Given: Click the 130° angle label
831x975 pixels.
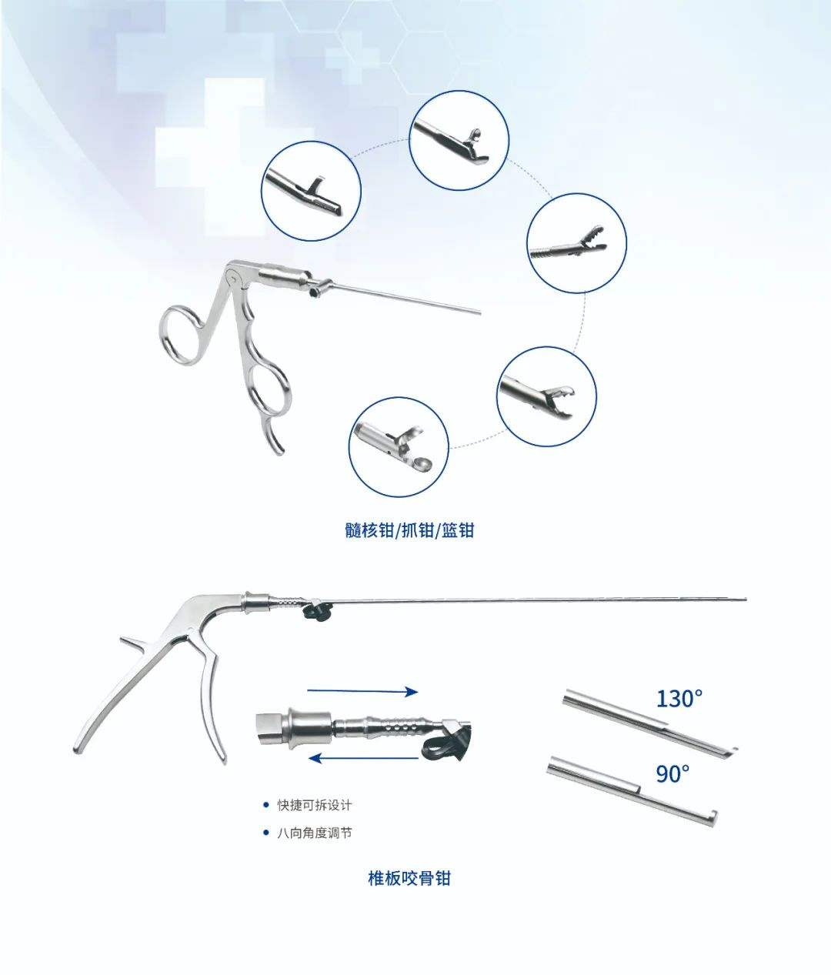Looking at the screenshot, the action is point(679,699).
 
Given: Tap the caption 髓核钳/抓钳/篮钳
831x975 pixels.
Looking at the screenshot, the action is point(409,531).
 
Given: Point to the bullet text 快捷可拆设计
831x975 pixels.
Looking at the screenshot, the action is point(314,805).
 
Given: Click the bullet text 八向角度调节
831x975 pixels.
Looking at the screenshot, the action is point(315,833).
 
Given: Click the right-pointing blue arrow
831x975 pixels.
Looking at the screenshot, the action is point(362,692).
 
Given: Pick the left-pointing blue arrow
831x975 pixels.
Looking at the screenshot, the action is point(362,759).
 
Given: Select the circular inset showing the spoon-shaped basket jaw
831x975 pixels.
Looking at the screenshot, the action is point(399,446).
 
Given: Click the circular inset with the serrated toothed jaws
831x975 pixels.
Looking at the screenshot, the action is point(576,243).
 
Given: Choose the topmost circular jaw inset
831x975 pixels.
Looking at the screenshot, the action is point(459,140).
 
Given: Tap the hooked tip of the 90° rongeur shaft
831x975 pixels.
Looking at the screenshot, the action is point(714,816).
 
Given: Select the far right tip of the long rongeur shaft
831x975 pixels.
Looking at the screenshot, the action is point(746,599).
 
